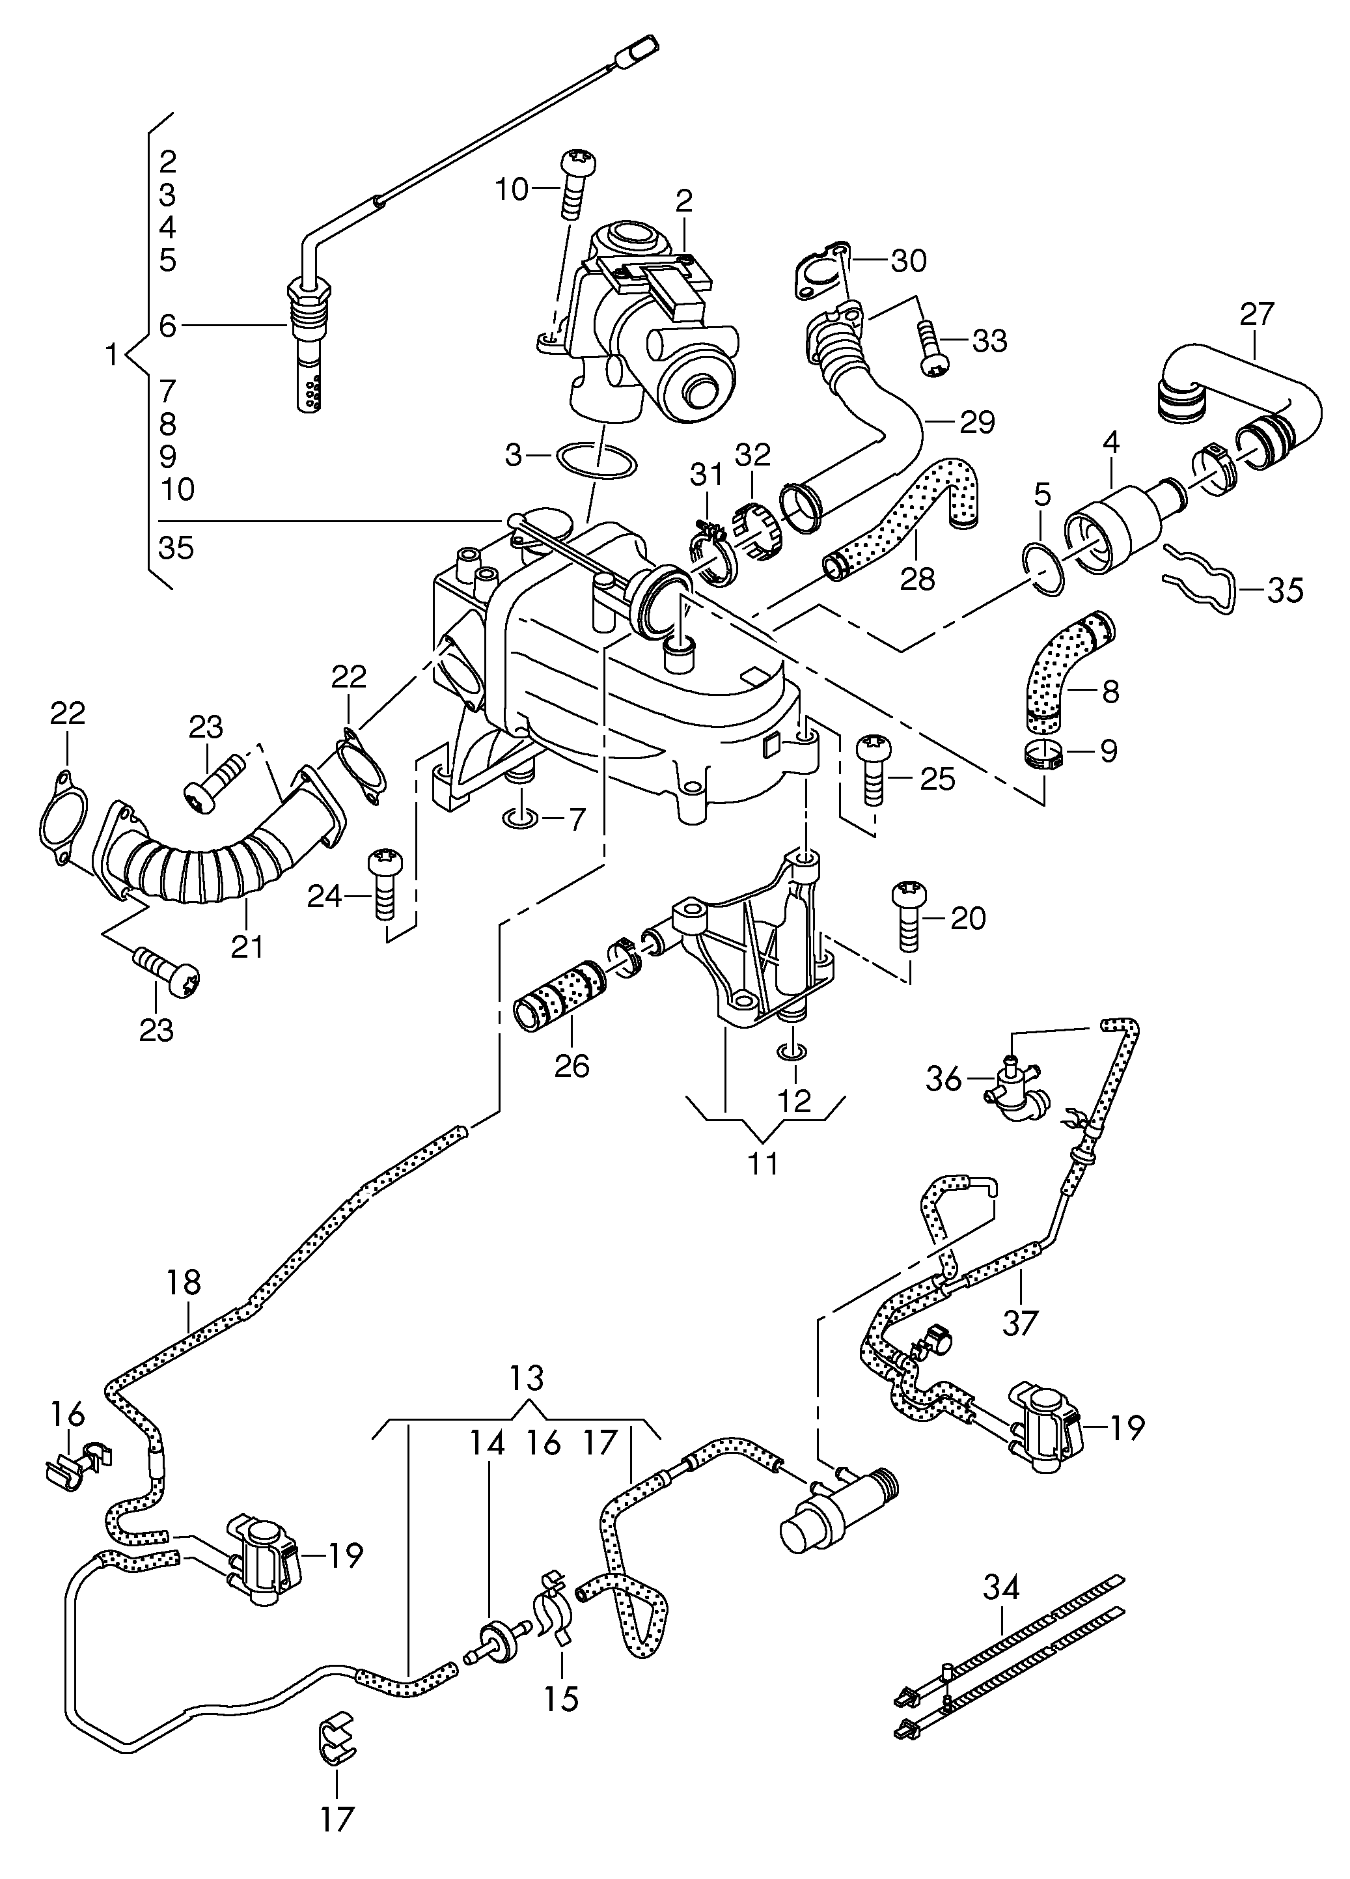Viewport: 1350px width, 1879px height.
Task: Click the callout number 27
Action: coord(1256,315)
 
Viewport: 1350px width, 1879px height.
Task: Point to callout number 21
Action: coord(247,946)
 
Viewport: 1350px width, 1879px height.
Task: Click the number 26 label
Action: coord(572,1065)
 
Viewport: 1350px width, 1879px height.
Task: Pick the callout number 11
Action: coord(763,1162)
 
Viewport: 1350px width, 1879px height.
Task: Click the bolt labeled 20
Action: coord(908,918)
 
